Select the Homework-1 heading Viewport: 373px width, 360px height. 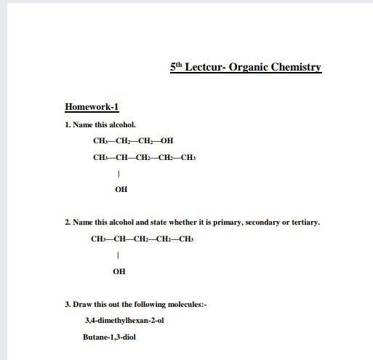pyautogui.click(x=92, y=108)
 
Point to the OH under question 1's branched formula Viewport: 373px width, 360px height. pyautogui.click(x=121, y=189)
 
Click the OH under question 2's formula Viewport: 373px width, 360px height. pyautogui.click(x=119, y=271)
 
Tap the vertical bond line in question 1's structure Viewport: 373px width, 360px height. pyautogui.click(x=119, y=174)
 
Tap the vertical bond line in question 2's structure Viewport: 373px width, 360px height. pyautogui.click(x=117, y=255)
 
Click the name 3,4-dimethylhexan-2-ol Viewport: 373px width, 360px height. pyautogui.click(x=124, y=320)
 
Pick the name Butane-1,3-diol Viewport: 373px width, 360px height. pyautogui.click(x=109, y=337)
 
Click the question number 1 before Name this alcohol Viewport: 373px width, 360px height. pyautogui.click(x=67, y=125)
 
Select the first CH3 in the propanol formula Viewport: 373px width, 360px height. pyautogui.click(x=100, y=141)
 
